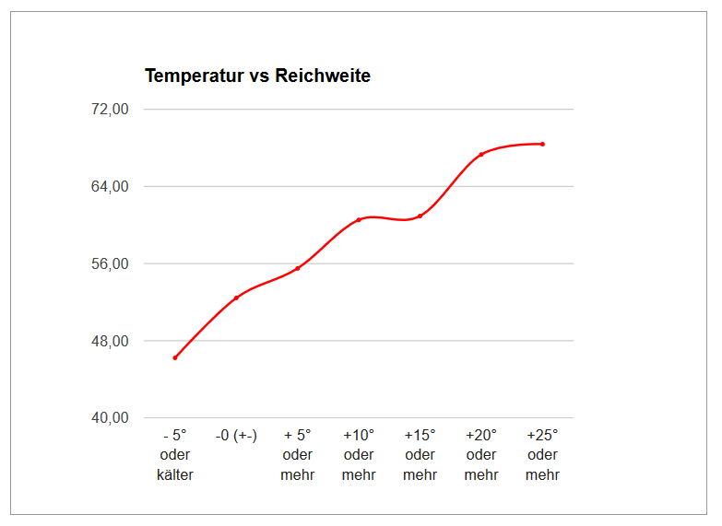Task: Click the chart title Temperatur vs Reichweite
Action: (257, 76)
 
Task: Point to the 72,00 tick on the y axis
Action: (111, 110)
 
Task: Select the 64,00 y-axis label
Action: (111, 187)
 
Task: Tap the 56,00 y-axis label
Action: (111, 264)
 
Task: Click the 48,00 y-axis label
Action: (111, 342)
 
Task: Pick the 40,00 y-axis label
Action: (111, 418)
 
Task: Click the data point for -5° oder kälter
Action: (175, 357)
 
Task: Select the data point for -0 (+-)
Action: (236, 298)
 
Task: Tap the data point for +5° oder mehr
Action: (298, 268)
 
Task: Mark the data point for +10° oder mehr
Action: (359, 220)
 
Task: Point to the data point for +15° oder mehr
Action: (420, 216)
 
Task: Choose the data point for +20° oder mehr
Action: (481, 154)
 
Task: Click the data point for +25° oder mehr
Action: (542, 144)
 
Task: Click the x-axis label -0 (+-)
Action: (236, 435)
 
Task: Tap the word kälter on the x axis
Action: (175, 475)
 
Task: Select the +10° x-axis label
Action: (359, 435)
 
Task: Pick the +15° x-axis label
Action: (420, 435)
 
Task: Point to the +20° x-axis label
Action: (481, 435)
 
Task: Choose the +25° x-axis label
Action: (542, 435)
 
